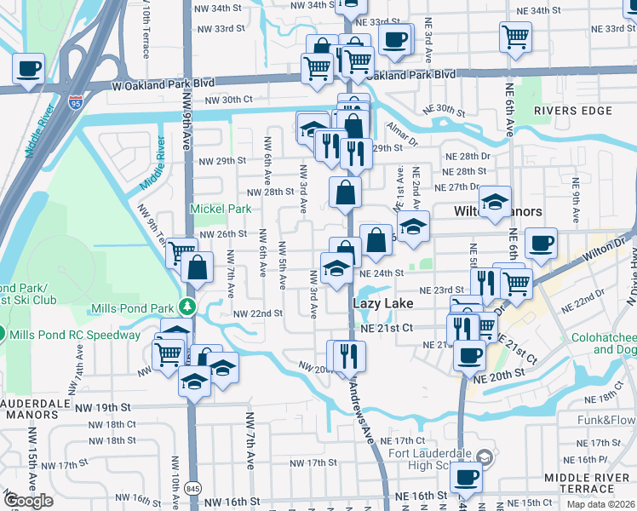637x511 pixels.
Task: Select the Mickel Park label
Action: (x=220, y=209)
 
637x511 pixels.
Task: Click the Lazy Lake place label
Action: (x=382, y=303)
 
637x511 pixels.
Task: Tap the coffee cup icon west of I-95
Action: (x=28, y=67)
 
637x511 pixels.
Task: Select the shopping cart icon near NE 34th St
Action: (x=515, y=37)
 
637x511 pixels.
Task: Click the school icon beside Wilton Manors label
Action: (x=494, y=202)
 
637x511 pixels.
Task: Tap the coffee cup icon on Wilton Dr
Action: (x=541, y=244)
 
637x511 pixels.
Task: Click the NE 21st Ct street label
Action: (x=386, y=328)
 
